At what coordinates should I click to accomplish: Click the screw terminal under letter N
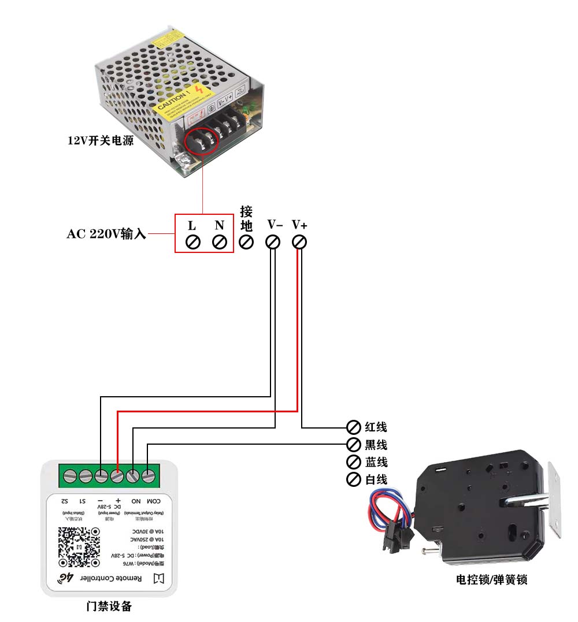pos(219,242)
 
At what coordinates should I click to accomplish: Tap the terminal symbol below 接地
pos(246,242)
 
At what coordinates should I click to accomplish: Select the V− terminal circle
pos(273,242)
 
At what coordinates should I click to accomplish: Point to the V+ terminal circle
pos(299,242)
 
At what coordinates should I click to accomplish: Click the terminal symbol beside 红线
pos(353,427)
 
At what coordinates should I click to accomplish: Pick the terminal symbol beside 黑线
pos(353,445)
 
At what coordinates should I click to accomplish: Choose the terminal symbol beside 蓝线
pos(353,462)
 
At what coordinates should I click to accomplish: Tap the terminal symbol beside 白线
pos(353,479)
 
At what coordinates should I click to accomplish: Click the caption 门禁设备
pos(109,606)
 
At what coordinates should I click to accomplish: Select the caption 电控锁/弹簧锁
pos(491,580)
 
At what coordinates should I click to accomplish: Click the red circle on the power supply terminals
pos(202,139)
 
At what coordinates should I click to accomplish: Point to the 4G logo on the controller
pos(67,578)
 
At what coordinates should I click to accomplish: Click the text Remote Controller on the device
pos(116,578)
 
